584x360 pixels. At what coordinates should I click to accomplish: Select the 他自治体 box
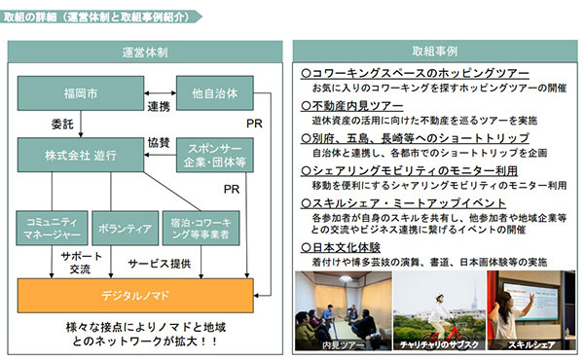click(x=214, y=93)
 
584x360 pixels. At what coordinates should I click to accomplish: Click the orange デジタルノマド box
click(x=142, y=293)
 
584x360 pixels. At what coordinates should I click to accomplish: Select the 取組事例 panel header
click(x=434, y=50)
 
